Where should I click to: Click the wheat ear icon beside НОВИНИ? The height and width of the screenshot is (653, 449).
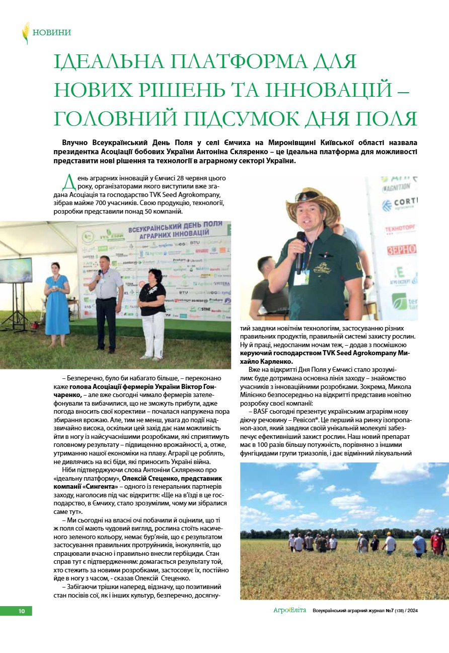click(x=26, y=33)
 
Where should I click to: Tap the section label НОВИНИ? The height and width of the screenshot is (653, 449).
click(x=52, y=33)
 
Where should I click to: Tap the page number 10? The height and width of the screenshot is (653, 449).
click(x=22, y=611)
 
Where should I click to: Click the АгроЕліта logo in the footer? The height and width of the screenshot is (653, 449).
click(x=289, y=610)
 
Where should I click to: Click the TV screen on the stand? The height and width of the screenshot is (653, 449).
click(x=16, y=270)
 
